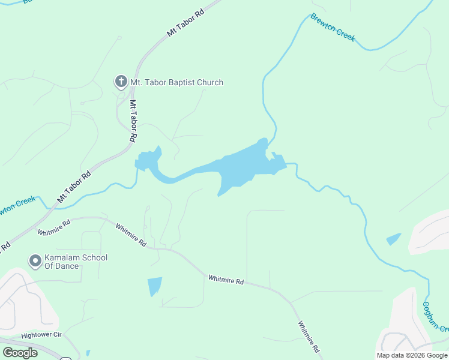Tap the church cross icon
point(120,82)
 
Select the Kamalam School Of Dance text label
point(76,262)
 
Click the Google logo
point(20,353)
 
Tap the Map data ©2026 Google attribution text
point(412,355)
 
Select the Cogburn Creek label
point(435,316)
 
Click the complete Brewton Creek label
point(333,28)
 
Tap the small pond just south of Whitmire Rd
point(154,286)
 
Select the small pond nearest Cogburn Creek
point(394,239)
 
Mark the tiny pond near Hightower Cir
point(88,353)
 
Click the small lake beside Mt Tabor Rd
point(147,160)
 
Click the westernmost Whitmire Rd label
point(54,227)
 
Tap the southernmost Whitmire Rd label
point(309,336)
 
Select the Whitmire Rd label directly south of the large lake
point(226,280)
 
